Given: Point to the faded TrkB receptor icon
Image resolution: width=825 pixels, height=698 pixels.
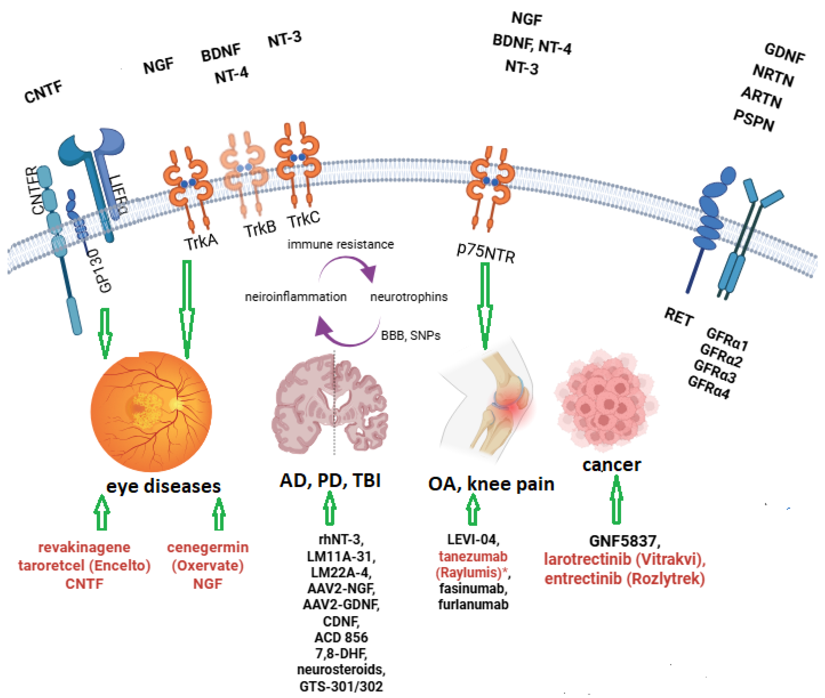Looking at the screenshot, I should click(244, 174).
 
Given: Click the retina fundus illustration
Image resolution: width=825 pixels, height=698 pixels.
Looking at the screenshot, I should click(151, 411).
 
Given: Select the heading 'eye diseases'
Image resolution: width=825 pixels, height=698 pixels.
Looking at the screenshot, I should click(163, 486).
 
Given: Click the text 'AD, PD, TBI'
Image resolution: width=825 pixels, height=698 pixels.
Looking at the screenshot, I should click(330, 481).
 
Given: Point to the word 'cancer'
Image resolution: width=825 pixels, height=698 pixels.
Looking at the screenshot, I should click(611, 465).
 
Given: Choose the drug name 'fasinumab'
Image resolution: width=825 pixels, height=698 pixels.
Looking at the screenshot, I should click(473, 588).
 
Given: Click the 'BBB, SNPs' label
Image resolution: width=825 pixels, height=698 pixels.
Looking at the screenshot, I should click(410, 336).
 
